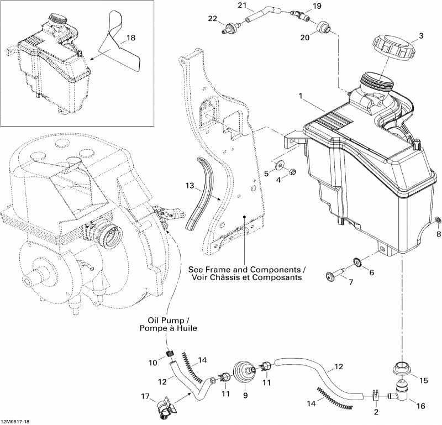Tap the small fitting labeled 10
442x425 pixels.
click(170, 354)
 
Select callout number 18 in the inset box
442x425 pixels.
click(130, 38)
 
